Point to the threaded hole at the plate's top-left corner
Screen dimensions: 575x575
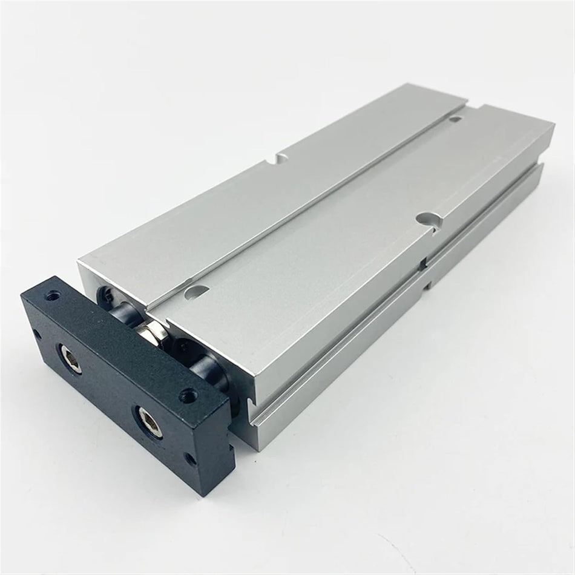tap(54, 297)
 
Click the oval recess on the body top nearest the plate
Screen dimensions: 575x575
tap(197, 292)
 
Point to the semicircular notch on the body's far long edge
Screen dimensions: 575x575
tap(280, 158)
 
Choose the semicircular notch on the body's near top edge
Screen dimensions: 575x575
tap(429, 220)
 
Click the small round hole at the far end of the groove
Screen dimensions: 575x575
tap(455, 119)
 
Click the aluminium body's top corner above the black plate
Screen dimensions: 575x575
tap(79, 260)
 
